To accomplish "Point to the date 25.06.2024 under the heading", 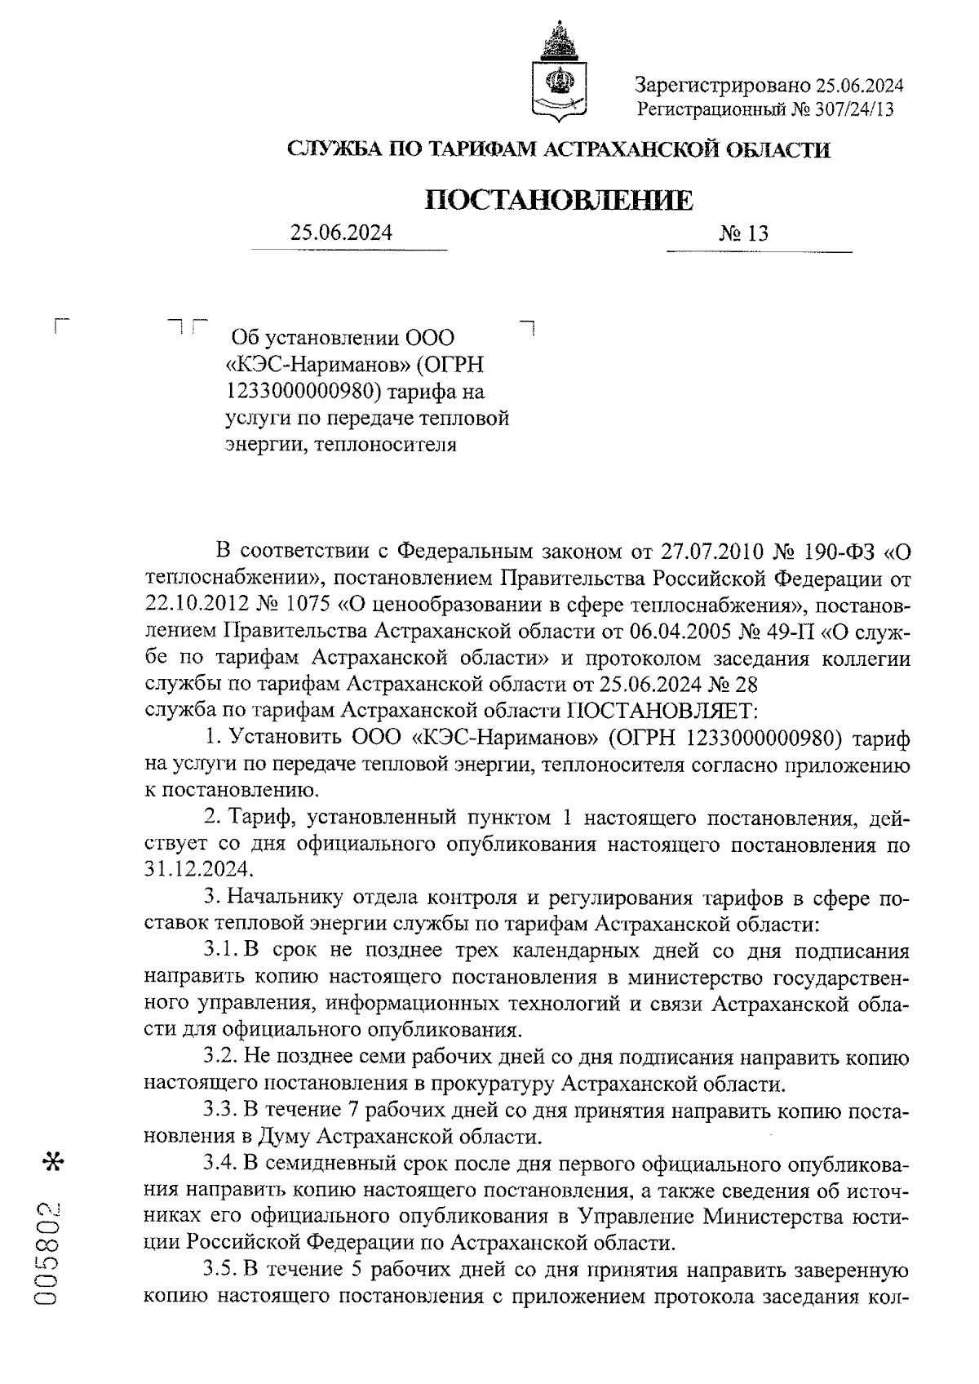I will click(341, 233).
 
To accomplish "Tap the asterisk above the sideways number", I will click(55, 1161).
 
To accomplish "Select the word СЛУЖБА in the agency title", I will click(330, 149).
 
